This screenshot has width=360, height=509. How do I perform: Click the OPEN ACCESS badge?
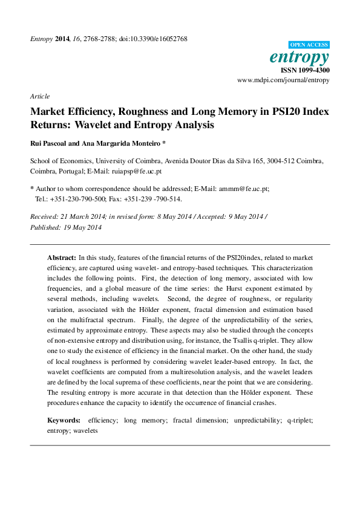(309, 45)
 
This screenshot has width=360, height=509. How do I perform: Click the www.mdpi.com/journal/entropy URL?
(283, 79)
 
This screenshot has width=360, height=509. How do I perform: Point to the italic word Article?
(39, 96)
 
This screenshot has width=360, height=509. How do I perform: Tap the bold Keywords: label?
(64, 419)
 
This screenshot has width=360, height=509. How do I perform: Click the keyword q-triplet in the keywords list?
(296, 419)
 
